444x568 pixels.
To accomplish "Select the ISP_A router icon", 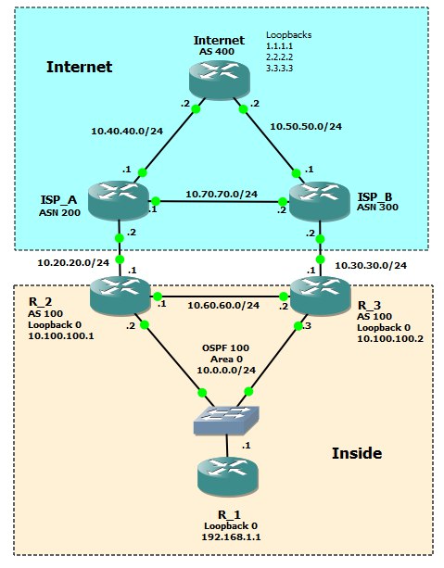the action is [119, 200].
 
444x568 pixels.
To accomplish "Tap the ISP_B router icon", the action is [320, 201].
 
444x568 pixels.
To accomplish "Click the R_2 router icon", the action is [120, 296].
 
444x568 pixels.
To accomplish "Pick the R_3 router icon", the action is [321, 296].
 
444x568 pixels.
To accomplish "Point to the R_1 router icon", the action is [228, 477].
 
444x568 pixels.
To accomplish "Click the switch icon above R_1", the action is [226, 420].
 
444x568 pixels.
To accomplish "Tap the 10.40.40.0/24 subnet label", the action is [127, 131].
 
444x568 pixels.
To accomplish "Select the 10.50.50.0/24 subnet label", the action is [306, 126].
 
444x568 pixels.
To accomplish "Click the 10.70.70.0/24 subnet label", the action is [222, 195].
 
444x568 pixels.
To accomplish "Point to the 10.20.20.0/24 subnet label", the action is [73, 262].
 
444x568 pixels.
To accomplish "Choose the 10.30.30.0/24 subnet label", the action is [371, 266].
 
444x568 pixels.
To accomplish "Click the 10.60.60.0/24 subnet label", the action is [223, 306].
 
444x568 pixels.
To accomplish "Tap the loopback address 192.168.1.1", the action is [231, 536].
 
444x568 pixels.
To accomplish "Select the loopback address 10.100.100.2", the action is [390, 339].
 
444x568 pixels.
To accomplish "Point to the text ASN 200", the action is [59, 212].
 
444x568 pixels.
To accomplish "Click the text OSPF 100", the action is [225, 348].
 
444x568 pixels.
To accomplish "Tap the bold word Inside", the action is [357, 453].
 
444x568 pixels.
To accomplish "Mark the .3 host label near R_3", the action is [307, 326].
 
